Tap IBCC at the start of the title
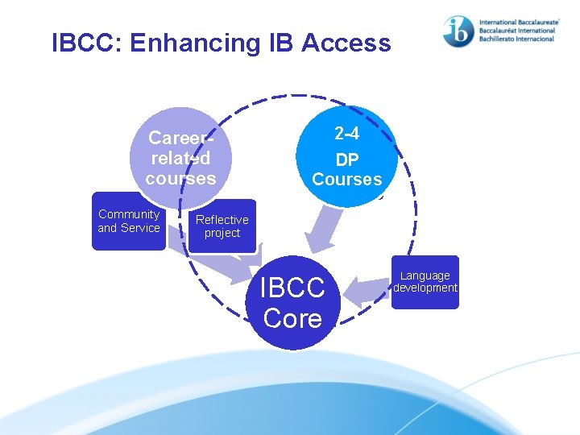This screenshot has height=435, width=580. pos(81,43)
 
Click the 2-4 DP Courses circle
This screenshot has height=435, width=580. pos(346,157)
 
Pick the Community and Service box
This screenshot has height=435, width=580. pos(129,222)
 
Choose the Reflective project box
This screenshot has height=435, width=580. pos(222,226)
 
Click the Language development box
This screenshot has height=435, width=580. pos(425,282)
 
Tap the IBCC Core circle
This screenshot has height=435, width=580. pos(292,303)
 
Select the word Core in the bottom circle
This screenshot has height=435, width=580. pos(292,319)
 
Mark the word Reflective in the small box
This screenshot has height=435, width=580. pos(222,220)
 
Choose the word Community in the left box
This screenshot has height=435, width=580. pos(129,214)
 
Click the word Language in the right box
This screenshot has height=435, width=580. pos(425,275)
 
